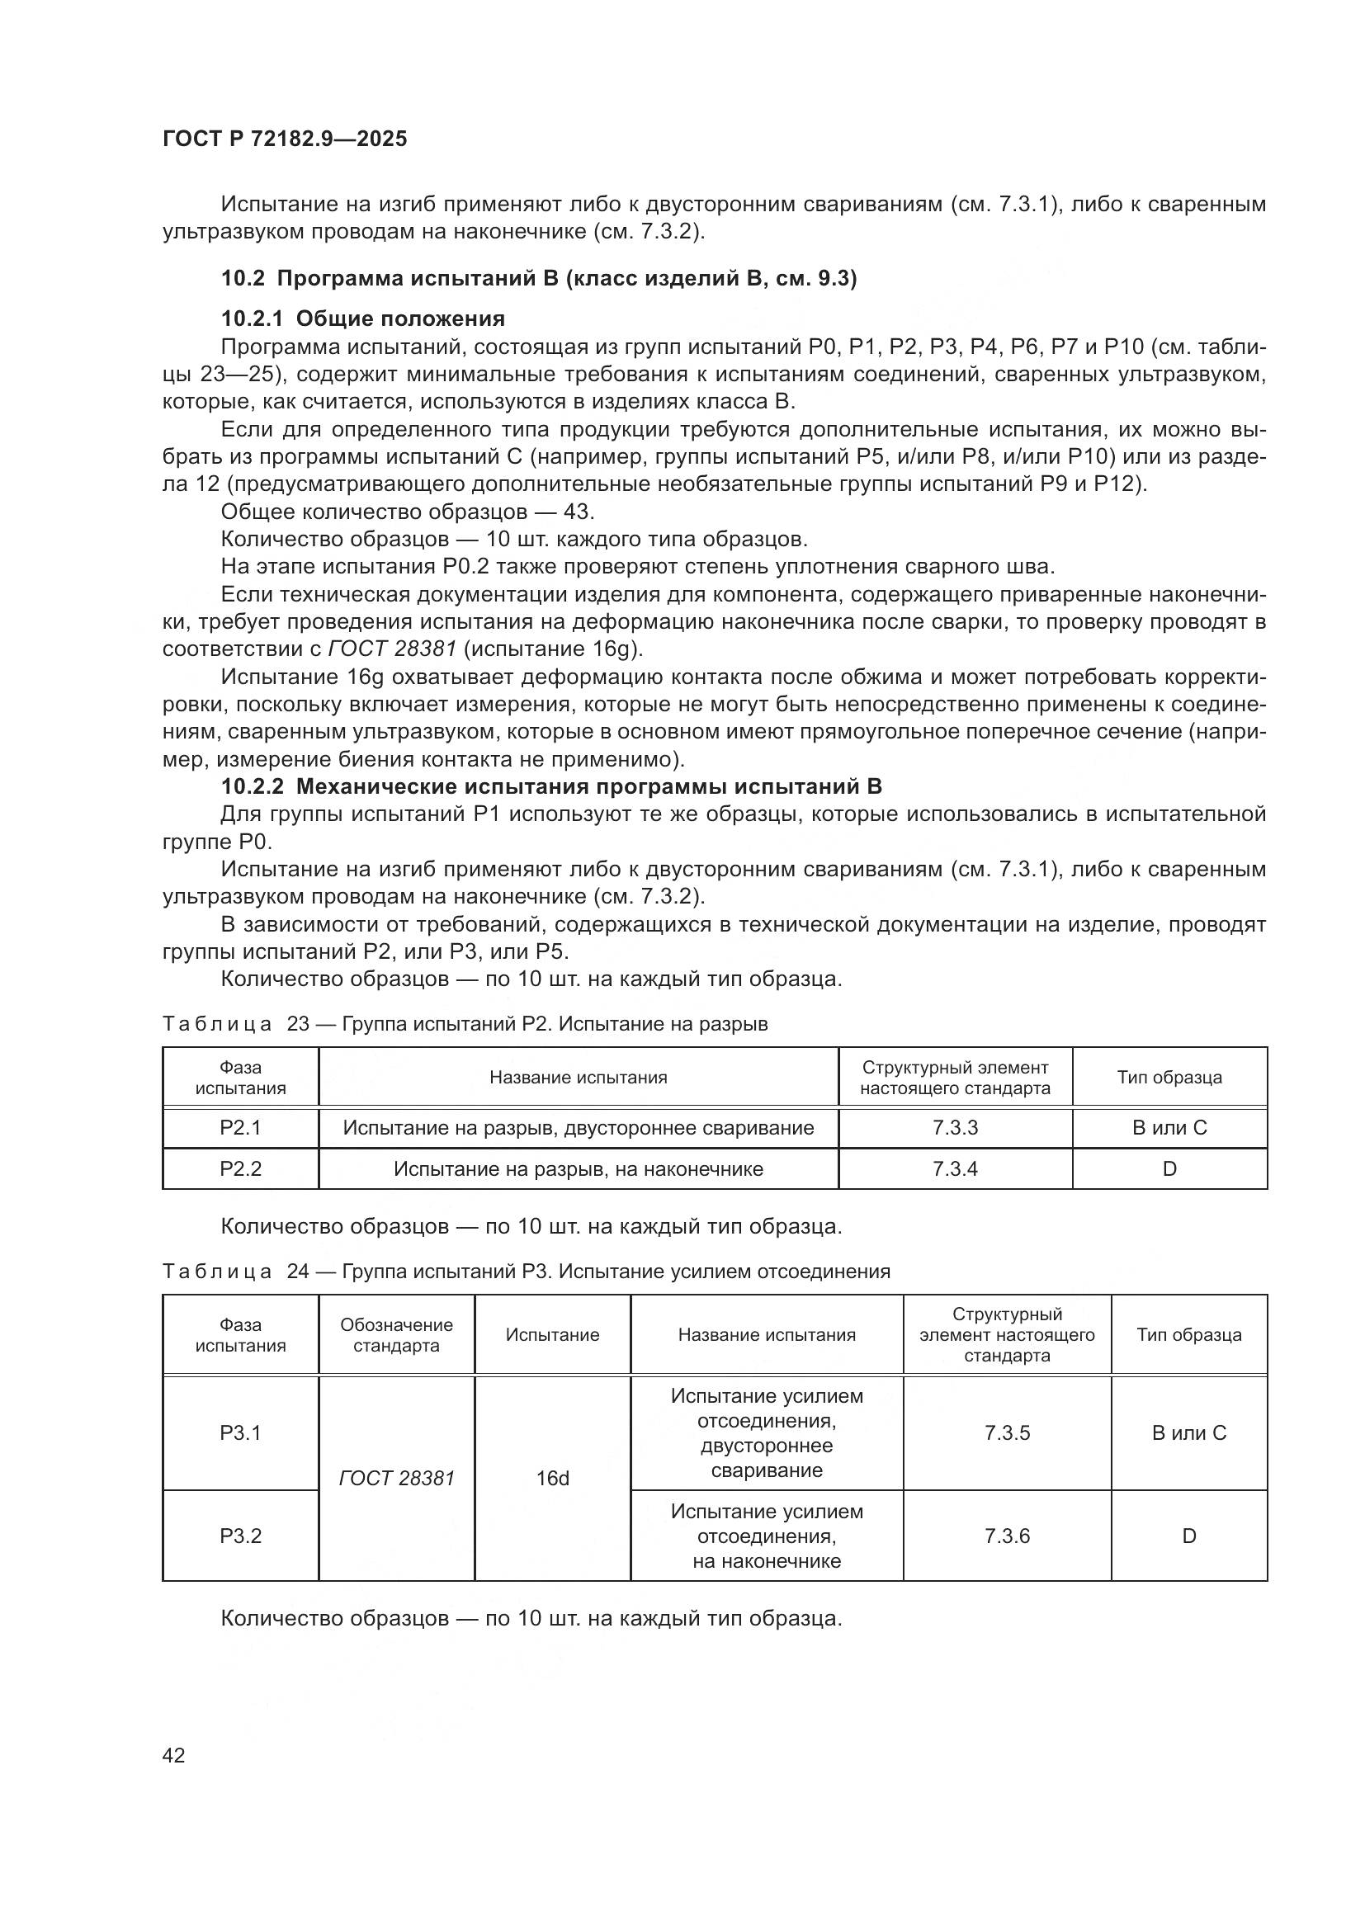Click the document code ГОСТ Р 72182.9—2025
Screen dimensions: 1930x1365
pyautogui.click(x=284, y=139)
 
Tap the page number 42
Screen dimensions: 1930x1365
pyautogui.click(x=174, y=1755)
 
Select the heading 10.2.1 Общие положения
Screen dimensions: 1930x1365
pyautogui.click(x=362, y=319)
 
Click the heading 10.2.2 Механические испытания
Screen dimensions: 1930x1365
pyautogui.click(x=550, y=787)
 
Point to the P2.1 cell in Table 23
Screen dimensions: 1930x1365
pyautogui.click(x=240, y=1128)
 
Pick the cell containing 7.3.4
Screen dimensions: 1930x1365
pyautogui.click(x=955, y=1168)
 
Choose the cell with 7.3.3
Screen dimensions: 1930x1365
pyautogui.click(x=955, y=1128)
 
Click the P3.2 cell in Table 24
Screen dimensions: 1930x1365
pyautogui.click(x=240, y=1536)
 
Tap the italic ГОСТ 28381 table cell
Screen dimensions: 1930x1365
pyautogui.click(x=396, y=1478)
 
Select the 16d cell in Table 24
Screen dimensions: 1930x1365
pyautogui.click(x=552, y=1478)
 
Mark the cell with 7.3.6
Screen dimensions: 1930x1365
pyautogui.click(x=1007, y=1536)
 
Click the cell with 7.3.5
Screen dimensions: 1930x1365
pyautogui.click(x=1007, y=1432)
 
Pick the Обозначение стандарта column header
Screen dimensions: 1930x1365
pyautogui.click(x=396, y=1335)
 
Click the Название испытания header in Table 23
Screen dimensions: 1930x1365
pyautogui.click(x=579, y=1078)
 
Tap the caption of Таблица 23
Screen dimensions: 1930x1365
pyautogui.click(x=465, y=1024)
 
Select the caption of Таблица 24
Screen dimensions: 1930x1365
pyautogui.click(x=526, y=1271)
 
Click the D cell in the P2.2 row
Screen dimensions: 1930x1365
pyautogui.click(x=1169, y=1168)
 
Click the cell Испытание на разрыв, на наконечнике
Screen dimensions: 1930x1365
pyautogui.click(x=579, y=1168)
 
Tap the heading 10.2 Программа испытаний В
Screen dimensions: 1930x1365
pyautogui.click(x=538, y=278)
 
